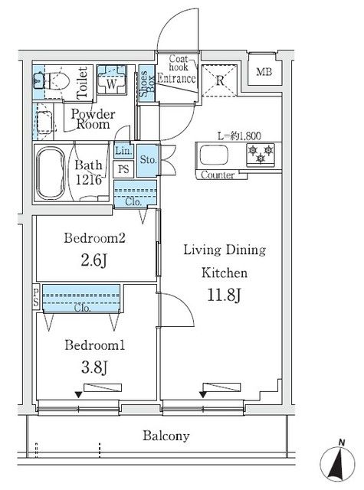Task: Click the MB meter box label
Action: pyautogui.click(x=264, y=72)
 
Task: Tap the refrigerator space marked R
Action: pyautogui.click(x=219, y=80)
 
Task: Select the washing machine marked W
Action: pyautogui.click(x=111, y=80)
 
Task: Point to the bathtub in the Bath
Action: pyautogui.click(x=51, y=173)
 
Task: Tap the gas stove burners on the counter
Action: pyautogui.click(x=261, y=155)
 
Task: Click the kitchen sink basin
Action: pyautogui.click(x=214, y=155)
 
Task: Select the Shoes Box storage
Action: pyautogui.click(x=146, y=83)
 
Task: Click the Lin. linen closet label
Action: pyautogui.click(x=123, y=151)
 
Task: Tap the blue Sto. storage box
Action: pyautogui.click(x=148, y=160)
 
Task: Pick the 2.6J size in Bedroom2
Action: pyautogui.click(x=94, y=260)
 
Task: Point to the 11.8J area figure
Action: pyautogui.click(x=225, y=295)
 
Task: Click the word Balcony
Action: pyautogui.click(x=166, y=436)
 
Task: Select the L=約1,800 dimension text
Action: pyautogui.click(x=239, y=136)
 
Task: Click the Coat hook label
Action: pyautogui.click(x=179, y=63)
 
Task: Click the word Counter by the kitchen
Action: pyautogui.click(x=218, y=175)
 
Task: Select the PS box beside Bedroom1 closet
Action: pyautogui.click(x=36, y=298)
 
